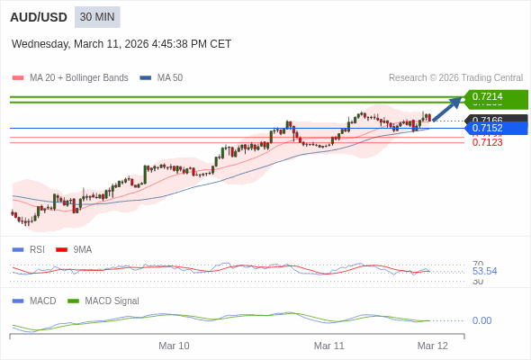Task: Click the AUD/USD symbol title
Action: (x=37, y=17)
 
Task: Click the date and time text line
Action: (x=121, y=43)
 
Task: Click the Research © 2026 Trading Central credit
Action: (x=455, y=78)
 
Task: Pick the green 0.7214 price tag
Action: (x=496, y=96)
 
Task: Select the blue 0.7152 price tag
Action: (x=496, y=129)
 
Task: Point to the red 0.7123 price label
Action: (x=487, y=142)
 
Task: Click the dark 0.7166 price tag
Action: (x=496, y=119)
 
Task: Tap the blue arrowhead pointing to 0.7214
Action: (x=457, y=99)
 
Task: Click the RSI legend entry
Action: (x=36, y=249)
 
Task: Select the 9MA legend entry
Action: (x=82, y=249)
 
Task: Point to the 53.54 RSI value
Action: (x=484, y=271)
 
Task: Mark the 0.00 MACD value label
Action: (x=481, y=320)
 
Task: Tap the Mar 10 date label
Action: (x=174, y=346)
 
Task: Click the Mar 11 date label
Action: (x=328, y=346)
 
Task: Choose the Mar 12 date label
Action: (x=432, y=346)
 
